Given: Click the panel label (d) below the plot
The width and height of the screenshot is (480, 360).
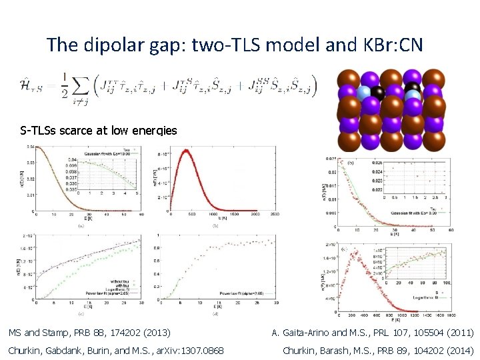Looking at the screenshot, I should click(x=215, y=313).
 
